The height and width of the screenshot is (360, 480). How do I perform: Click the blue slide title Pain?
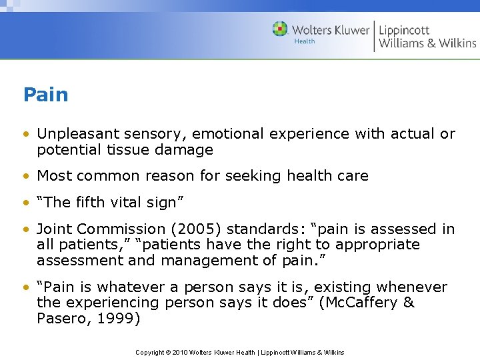(45, 95)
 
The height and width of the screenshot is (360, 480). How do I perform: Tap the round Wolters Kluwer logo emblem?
(280, 29)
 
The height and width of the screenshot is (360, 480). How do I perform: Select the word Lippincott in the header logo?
(404, 29)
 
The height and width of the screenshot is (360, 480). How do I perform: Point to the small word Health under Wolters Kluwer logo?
(305, 41)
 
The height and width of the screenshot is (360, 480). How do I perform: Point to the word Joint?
(54, 229)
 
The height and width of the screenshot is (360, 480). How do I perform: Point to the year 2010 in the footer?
(179, 352)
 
